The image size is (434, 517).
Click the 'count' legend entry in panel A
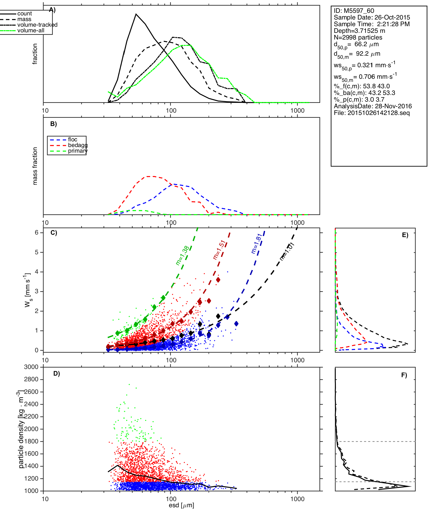(24, 14)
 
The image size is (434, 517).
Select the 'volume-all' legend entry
(31, 31)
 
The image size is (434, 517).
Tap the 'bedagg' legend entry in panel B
(77, 145)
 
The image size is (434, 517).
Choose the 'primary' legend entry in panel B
(77, 151)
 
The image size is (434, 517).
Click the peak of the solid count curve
(136, 14)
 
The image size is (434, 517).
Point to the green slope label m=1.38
(182, 256)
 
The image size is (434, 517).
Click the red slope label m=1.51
(219, 250)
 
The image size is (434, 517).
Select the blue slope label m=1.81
(256, 244)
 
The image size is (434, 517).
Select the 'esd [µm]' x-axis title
(181, 505)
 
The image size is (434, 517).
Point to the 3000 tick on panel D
(31, 367)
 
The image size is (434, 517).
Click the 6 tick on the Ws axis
(37, 232)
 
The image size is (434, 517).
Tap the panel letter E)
(405, 235)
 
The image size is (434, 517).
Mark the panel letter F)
(404, 375)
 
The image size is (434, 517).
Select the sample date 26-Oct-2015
(392, 17)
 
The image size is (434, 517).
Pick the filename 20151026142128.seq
(378, 113)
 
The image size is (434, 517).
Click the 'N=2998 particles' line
(358, 37)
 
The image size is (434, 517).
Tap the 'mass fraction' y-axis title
(35, 166)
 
